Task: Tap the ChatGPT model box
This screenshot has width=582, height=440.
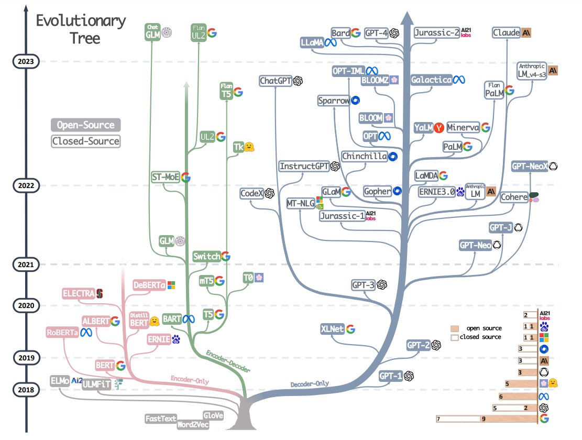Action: click(276, 81)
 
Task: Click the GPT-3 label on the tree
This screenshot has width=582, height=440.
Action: click(363, 285)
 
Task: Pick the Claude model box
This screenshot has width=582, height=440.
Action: click(507, 32)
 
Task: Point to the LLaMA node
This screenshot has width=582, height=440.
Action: click(312, 43)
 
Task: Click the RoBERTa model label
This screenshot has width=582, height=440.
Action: click(62, 332)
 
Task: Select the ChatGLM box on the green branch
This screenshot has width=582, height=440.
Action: click(152, 32)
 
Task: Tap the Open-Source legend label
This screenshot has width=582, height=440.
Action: click(86, 125)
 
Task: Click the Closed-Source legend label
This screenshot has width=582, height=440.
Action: click(86, 141)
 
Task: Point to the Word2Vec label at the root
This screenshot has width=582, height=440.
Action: click(193, 424)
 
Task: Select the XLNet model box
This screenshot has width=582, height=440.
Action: click(333, 329)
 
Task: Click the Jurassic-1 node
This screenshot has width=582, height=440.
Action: click(342, 216)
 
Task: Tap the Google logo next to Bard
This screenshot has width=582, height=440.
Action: click(356, 33)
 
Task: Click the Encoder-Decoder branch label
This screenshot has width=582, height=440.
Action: click(228, 361)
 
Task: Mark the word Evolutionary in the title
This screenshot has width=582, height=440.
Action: click(81, 21)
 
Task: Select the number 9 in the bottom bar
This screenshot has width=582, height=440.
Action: click(484, 419)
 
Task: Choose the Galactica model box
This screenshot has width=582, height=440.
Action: click(431, 80)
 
